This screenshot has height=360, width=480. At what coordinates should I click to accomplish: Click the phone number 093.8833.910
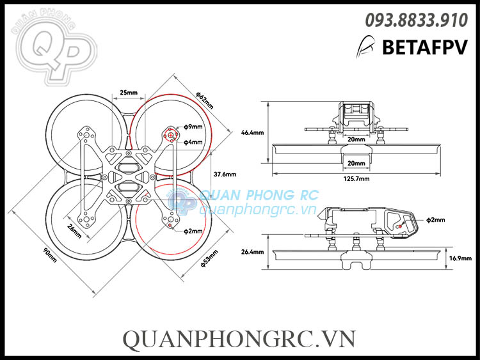(x=416, y=21)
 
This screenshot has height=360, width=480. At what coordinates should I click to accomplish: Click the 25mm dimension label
(x=129, y=93)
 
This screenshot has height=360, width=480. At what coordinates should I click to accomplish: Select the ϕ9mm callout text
(x=193, y=127)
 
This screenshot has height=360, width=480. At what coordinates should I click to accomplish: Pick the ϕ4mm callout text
(x=193, y=143)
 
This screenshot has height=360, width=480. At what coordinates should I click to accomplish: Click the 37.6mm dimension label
(x=225, y=174)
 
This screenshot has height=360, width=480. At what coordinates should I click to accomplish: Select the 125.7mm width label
(x=356, y=180)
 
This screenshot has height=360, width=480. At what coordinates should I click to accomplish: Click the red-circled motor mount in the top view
(x=170, y=135)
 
